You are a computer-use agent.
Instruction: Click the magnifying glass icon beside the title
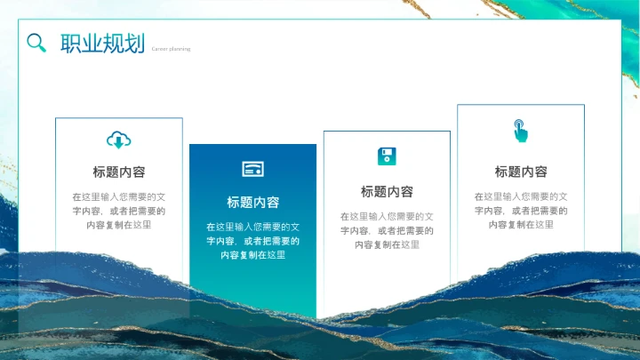pos(36,43)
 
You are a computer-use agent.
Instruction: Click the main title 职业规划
pos(102,44)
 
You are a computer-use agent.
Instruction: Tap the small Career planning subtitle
pos(171,49)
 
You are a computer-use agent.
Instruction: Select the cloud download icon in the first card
pos(119,140)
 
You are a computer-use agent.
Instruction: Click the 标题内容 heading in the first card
pos(119,172)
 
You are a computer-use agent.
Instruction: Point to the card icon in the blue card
pos(252,169)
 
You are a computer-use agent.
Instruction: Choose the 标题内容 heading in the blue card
pos(252,203)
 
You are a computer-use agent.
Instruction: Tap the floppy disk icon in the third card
pos(387,157)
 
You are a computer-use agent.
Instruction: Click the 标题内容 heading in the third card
pos(387,192)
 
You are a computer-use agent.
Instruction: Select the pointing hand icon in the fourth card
pos(520,131)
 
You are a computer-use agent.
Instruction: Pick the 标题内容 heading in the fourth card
pos(521,172)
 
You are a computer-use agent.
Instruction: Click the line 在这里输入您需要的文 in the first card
pos(119,196)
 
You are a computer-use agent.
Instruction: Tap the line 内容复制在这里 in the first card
pos(119,225)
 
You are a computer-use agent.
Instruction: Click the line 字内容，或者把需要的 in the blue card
pos(252,241)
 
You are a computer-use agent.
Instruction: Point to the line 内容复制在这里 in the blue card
pos(252,255)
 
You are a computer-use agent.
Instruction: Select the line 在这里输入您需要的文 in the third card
pos(387,216)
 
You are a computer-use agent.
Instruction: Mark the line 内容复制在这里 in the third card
pos(387,244)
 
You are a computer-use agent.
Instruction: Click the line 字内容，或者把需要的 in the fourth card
pos(521,211)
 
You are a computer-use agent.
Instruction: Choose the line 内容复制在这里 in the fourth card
pos(521,225)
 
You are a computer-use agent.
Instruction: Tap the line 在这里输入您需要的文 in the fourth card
pos(521,196)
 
